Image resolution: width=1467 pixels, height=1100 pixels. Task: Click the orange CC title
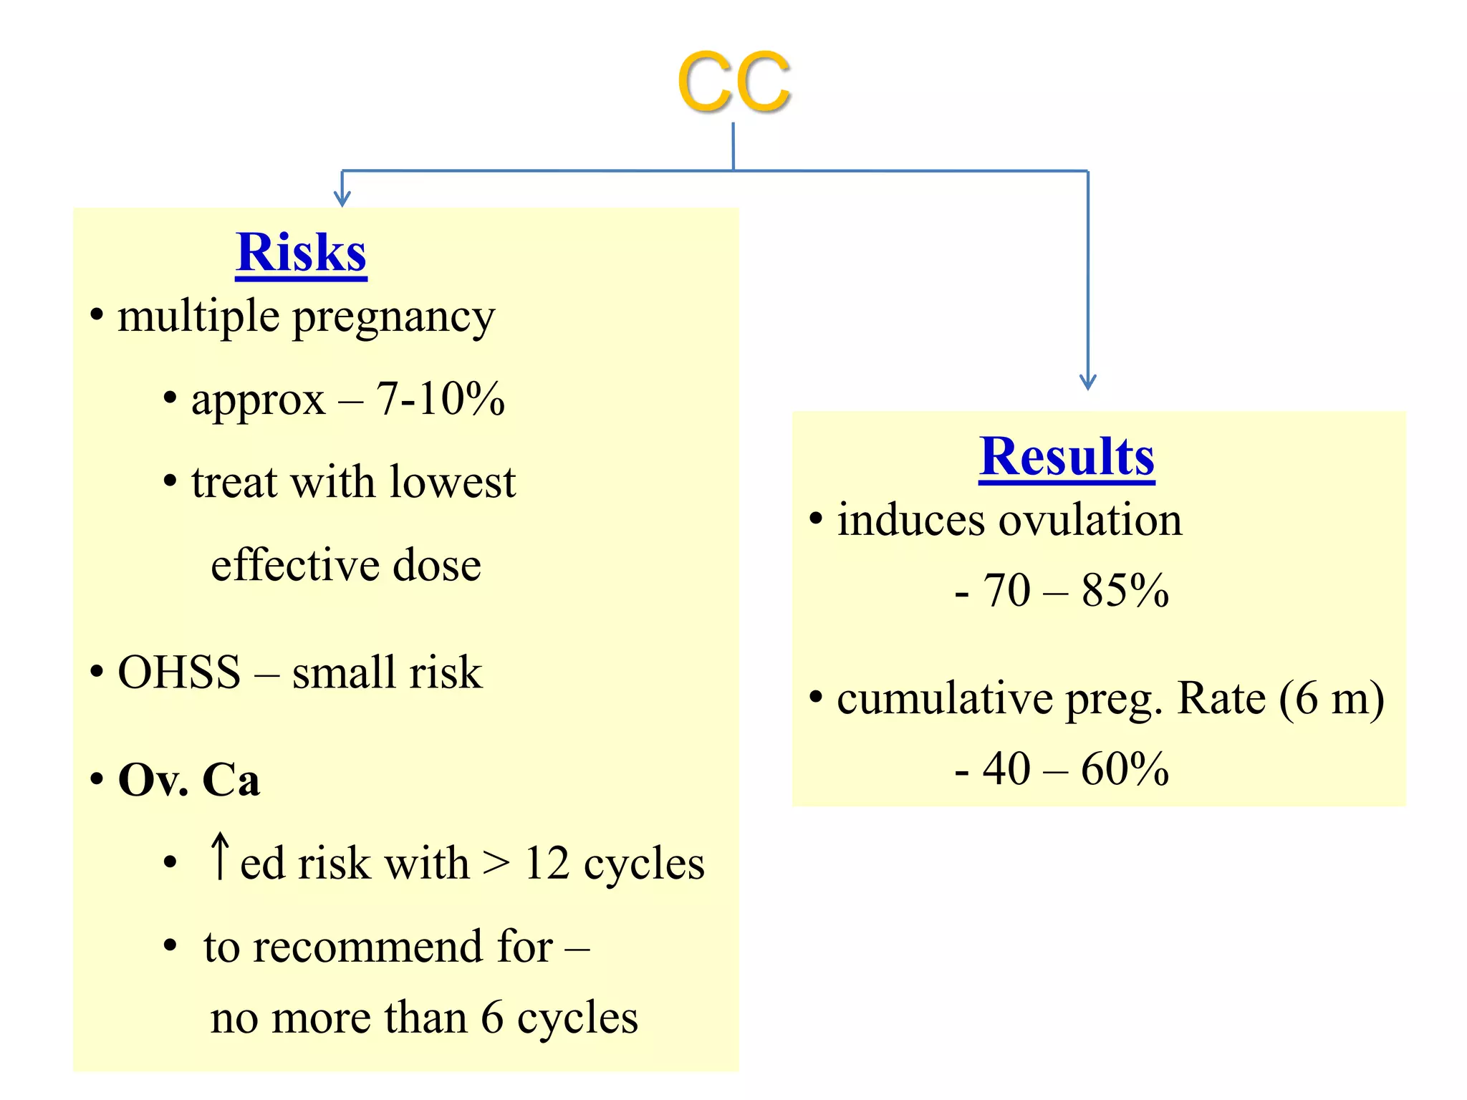pos(733,82)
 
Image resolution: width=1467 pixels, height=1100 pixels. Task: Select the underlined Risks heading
pos(301,253)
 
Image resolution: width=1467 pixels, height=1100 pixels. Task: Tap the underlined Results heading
pos(1067,456)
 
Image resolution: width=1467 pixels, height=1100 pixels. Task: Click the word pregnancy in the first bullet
pos(394,317)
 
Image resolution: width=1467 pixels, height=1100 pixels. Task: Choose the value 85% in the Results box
pos(1125,591)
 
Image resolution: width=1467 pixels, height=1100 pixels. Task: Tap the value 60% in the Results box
pos(1125,769)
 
